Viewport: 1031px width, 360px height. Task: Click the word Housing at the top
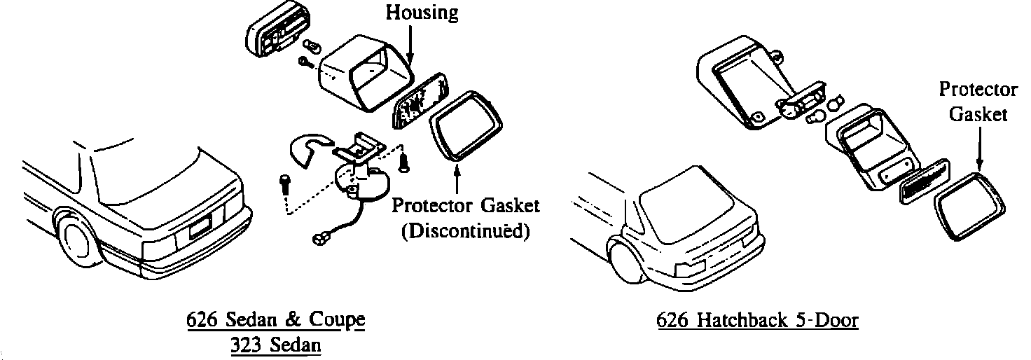(422, 12)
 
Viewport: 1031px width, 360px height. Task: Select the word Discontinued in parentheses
(465, 231)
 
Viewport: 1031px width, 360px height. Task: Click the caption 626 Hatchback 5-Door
(757, 321)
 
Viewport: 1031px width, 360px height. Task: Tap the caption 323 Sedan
(275, 345)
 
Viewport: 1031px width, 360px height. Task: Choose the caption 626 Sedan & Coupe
(276, 320)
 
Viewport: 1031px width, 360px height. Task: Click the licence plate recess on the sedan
(199, 226)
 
